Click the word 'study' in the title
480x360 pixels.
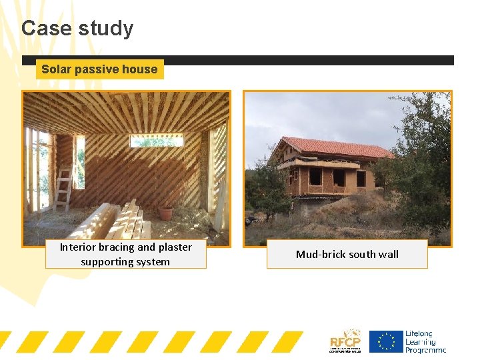pos(106,29)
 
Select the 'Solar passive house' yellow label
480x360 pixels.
pos(99,69)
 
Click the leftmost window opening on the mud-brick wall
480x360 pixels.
pos(316,177)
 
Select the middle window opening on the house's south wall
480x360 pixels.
pos(339,177)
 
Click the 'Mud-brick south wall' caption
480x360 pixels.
pos(347,254)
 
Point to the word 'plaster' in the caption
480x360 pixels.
pos(175,247)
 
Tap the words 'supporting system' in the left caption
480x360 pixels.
pos(125,262)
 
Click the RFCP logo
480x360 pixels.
pos(345,341)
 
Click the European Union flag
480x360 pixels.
pos(386,341)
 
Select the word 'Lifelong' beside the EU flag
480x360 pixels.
pos(419,333)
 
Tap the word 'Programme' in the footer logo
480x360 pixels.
pos(425,349)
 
